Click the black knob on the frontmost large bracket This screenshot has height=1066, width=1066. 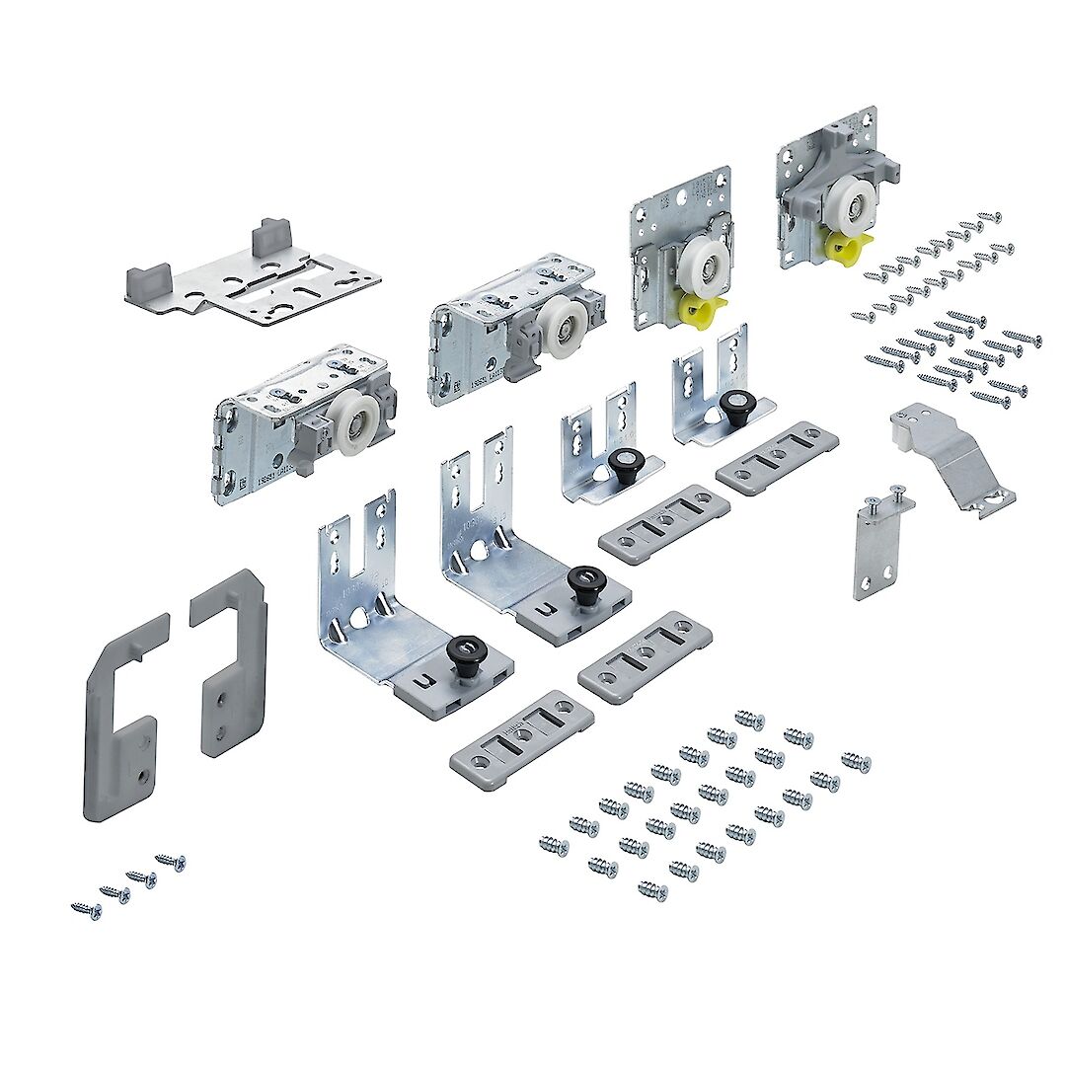463,651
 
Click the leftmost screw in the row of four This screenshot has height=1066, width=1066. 86,909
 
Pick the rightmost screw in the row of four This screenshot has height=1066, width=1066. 171,863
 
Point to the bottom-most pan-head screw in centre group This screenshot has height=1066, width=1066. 651,890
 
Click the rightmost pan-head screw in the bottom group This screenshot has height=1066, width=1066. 856,762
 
